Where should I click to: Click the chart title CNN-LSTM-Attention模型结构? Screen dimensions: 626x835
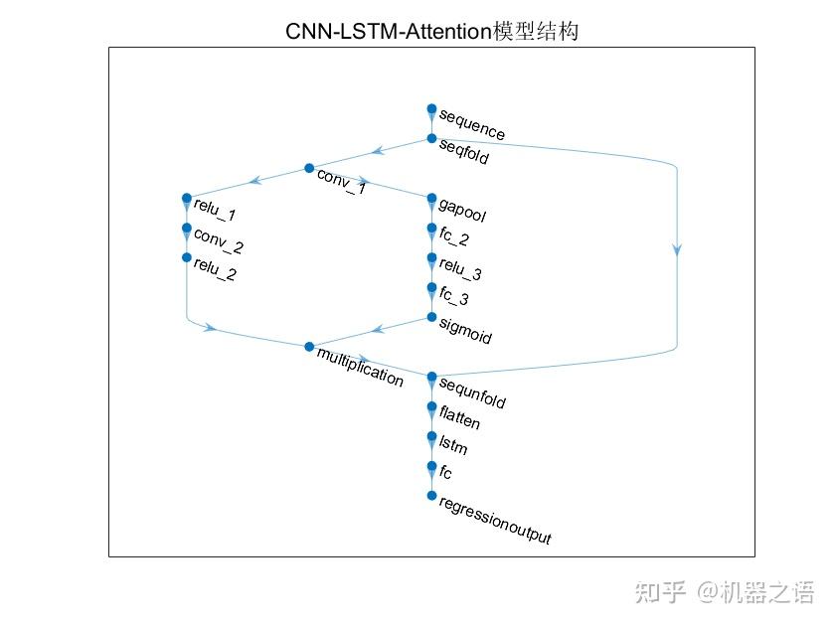(431, 33)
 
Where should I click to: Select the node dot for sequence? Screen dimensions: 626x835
(431, 108)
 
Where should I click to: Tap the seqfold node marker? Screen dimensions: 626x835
(431, 138)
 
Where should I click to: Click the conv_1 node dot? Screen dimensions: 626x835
(309, 168)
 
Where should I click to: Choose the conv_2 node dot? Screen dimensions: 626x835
(186, 228)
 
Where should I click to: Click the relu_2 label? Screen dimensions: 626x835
(214, 269)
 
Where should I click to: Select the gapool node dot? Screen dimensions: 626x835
(431, 198)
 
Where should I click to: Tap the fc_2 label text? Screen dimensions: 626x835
(454, 238)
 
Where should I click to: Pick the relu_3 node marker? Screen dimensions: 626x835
(431, 257)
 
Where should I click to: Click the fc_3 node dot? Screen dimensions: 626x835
(431, 287)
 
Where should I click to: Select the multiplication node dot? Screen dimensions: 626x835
(309, 347)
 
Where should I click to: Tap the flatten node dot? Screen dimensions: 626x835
(431, 406)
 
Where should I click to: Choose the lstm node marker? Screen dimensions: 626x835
(431, 436)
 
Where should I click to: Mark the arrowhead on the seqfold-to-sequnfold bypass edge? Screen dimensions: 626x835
(677, 250)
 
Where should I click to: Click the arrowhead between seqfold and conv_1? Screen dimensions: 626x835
(377, 152)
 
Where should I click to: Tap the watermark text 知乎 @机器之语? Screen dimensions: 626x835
(724, 593)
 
